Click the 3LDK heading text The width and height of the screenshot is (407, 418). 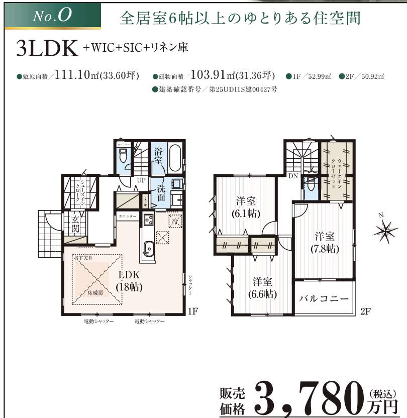click(x=48, y=49)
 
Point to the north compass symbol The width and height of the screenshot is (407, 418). click(x=385, y=231)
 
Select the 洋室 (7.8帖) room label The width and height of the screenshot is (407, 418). click(x=325, y=242)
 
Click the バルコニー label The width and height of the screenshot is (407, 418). click(x=324, y=298)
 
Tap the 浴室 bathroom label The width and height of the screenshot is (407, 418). click(x=158, y=155)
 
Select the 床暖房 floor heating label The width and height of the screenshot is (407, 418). click(x=94, y=293)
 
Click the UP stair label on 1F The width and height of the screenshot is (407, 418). click(x=141, y=179)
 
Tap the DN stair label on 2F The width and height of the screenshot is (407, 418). click(x=292, y=175)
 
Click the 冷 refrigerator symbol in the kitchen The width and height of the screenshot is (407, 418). click(x=175, y=221)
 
